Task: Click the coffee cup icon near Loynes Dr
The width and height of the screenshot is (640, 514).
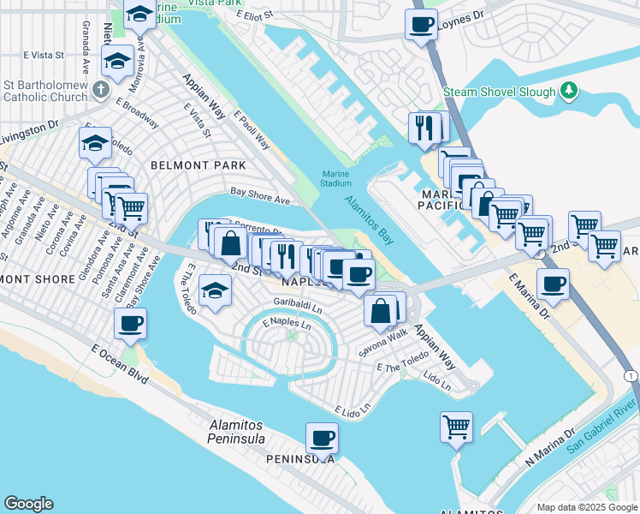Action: point(420,25)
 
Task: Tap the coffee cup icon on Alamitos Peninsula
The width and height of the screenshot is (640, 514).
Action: point(322,438)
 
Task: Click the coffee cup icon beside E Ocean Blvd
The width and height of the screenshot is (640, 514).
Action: point(131,324)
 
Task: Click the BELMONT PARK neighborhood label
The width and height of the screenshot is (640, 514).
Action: point(198,165)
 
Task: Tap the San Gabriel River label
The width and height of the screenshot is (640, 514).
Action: point(602,422)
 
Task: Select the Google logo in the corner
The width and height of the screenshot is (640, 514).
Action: point(28,504)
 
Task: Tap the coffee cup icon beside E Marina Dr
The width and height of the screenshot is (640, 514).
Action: point(553,284)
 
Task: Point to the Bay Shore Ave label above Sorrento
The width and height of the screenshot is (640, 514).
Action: point(260,200)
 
